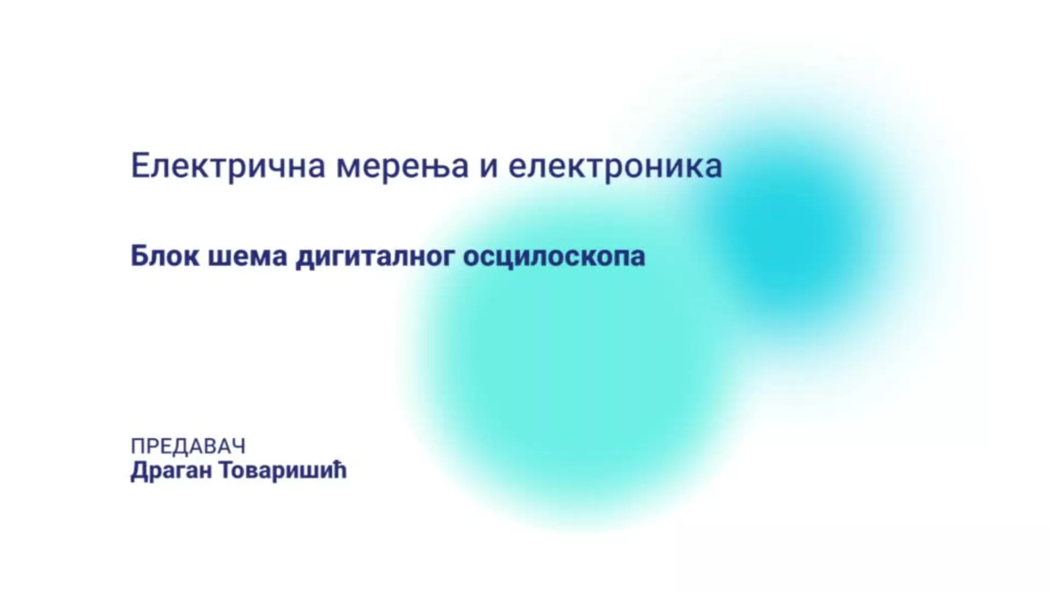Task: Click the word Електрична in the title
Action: [x=229, y=166]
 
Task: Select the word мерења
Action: [x=402, y=166]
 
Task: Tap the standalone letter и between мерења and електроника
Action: [x=489, y=167]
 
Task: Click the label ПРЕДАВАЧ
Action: [x=188, y=447]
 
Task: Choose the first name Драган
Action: [x=171, y=471]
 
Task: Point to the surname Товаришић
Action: [x=283, y=470]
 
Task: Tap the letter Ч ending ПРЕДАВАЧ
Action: [x=238, y=447]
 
